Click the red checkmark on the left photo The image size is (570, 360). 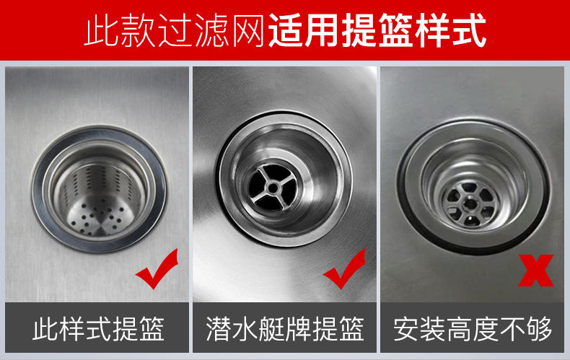(157, 272)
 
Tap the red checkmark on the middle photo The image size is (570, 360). (344, 272)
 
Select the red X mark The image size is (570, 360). (536, 271)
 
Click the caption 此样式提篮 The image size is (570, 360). (98, 329)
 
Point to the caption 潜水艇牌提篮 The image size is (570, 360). (285, 329)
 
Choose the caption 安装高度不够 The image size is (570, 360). (473, 329)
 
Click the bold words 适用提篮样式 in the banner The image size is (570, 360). (377, 30)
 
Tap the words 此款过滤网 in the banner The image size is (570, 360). (175, 30)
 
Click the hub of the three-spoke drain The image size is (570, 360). (272, 188)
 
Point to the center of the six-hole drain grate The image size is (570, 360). (470, 204)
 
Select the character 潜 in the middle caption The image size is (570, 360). (219, 329)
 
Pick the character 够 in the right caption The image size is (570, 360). (540, 329)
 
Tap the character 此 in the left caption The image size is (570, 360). (45, 329)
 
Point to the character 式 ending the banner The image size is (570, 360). (469, 30)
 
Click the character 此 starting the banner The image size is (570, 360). (101, 30)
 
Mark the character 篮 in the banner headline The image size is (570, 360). (395, 30)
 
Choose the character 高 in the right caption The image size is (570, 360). (460, 329)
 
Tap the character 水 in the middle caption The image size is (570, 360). (245, 329)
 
